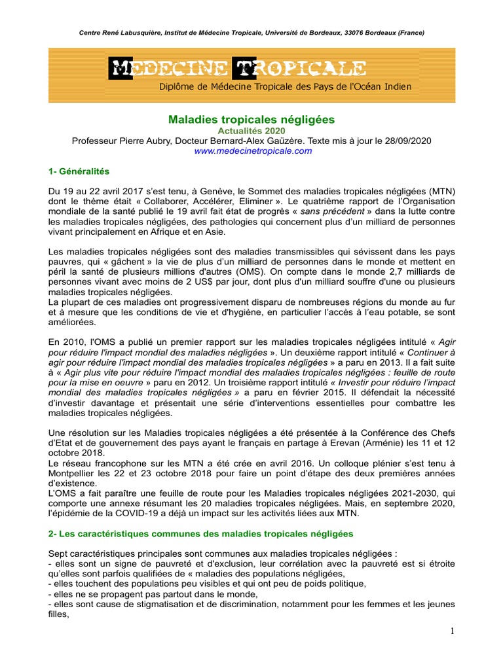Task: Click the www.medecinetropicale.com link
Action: (x=251, y=150)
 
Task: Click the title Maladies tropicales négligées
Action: (x=251, y=120)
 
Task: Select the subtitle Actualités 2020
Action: (x=251, y=131)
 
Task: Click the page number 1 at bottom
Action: (x=451, y=631)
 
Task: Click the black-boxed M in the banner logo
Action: (x=121, y=67)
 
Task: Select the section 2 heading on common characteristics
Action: (x=200, y=534)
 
